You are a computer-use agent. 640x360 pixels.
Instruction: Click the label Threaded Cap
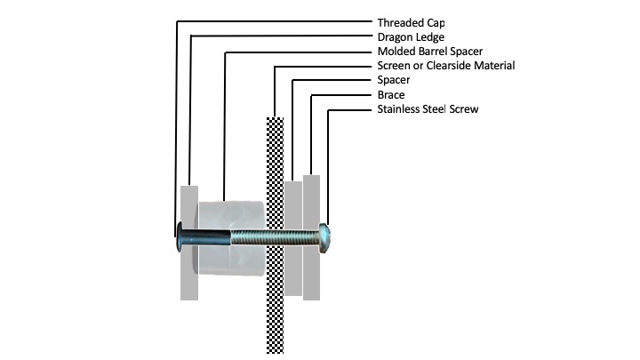(410, 22)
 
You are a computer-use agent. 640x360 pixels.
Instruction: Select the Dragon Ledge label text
(411, 36)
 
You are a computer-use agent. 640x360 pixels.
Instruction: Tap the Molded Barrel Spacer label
(430, 52)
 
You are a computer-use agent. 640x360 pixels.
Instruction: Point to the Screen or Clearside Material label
(446, 66)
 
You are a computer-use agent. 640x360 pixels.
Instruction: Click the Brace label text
(391, 94)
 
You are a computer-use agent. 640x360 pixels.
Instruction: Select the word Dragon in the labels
(396, 36)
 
